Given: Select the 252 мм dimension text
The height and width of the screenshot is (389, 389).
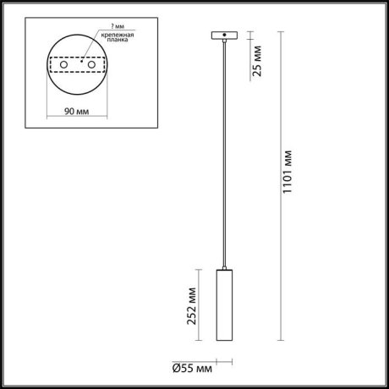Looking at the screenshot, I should (x=194, y=304).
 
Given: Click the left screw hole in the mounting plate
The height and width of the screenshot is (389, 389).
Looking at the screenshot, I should (x=63, y=65).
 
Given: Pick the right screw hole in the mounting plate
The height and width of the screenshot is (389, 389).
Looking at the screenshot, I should (x=91, y=65).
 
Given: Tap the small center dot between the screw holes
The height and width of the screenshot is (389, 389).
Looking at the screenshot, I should (x=82, y=62).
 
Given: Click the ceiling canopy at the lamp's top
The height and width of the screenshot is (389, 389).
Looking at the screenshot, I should (x=224, y=36).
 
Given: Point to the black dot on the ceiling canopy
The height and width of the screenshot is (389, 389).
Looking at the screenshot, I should (x=224, y=36).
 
